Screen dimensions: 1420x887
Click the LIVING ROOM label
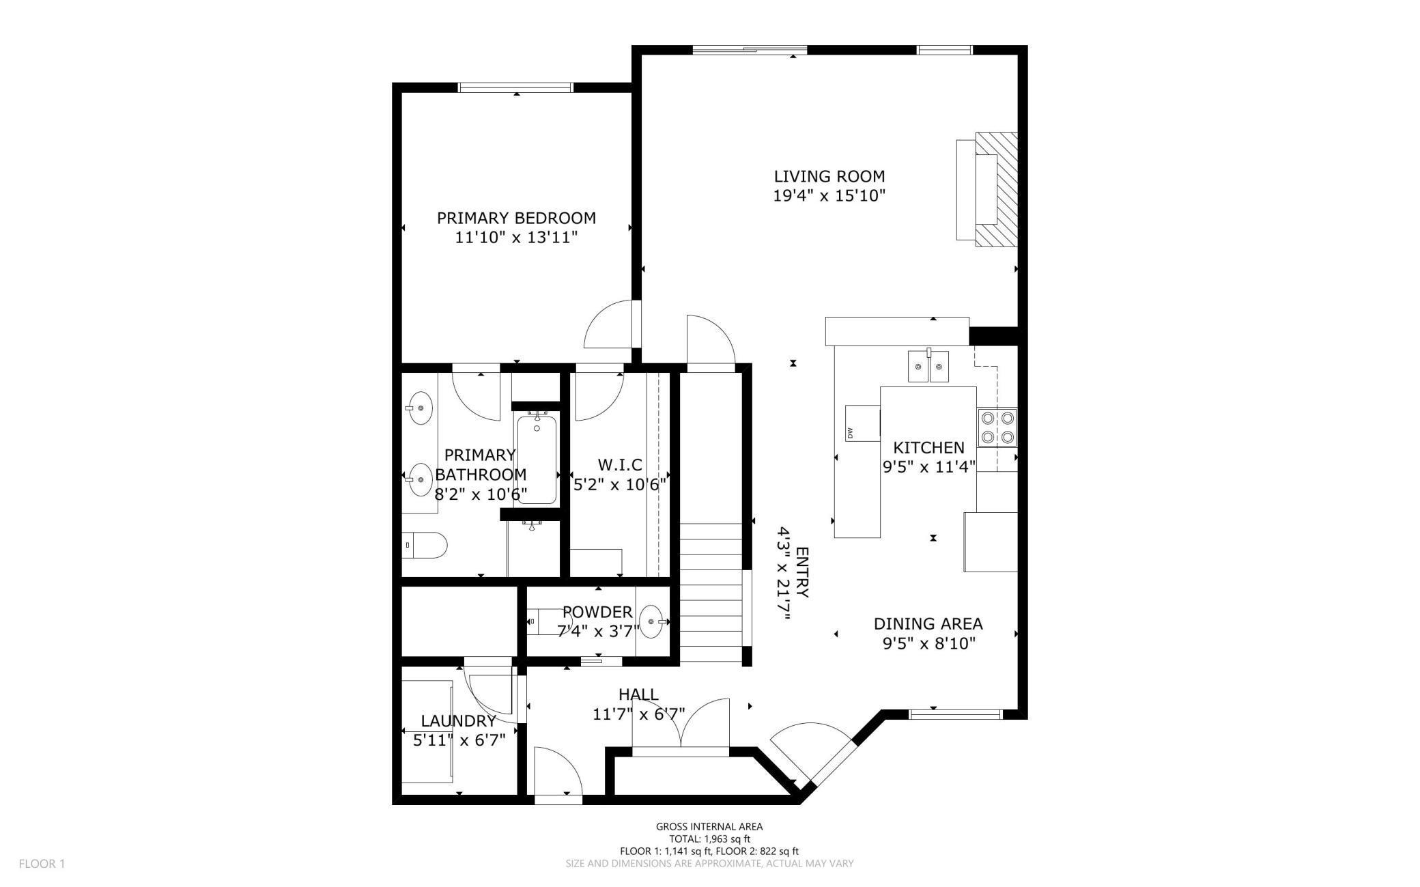coord(829,176)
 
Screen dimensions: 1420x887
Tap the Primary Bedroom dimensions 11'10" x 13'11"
coord(516,238)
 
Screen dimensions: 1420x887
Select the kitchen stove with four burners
coord(997,427)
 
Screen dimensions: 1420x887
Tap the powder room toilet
coord(543,621)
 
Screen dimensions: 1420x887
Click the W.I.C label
coord(620,465)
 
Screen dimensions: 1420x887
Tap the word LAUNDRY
coord(458,721)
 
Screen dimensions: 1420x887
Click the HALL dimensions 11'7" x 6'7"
coord(638,714)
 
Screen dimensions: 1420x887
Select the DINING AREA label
coord(928,623)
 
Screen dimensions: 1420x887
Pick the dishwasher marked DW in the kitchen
coord(863,423)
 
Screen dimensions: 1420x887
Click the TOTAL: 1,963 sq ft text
coord(709,839)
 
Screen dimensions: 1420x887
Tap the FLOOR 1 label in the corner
coord(42,864)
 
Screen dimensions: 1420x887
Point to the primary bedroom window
coord(516,87)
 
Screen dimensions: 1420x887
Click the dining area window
coord(955,714)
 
